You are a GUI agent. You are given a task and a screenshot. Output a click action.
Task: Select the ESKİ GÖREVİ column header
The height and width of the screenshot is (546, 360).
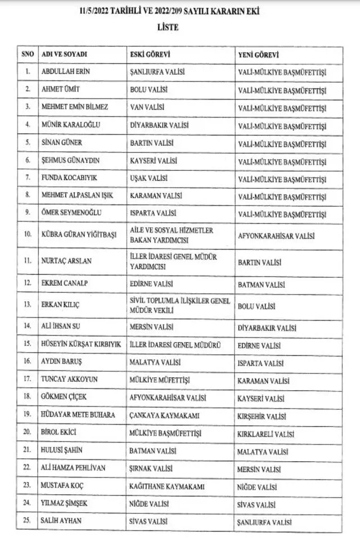150,55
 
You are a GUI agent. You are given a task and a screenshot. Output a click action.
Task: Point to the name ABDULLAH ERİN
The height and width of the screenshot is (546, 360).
66,72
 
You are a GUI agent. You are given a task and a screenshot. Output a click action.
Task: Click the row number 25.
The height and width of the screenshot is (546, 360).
27,521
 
